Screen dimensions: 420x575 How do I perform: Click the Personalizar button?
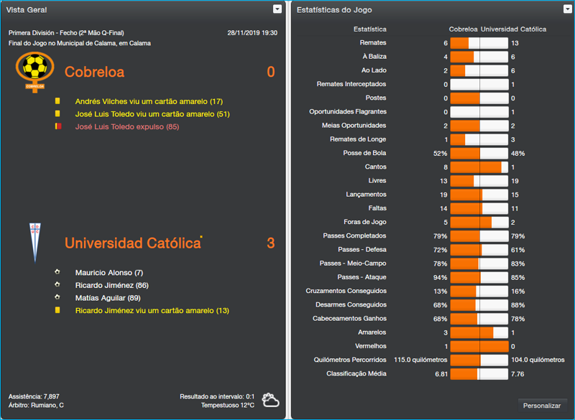pyautogui.click(x=542, y=406)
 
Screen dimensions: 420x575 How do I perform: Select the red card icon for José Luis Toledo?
pyautogui.click(x=57, y=126)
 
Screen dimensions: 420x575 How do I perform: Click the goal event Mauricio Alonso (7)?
pyautogui.click(x=109, y=273)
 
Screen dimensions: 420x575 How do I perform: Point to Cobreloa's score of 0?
pyautogui.click(x=270, y=72)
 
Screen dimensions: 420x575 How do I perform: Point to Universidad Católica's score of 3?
pyautogui.click(x=270, y=243)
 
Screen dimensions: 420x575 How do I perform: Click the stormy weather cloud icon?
pyautogui.click(x=270, y=400)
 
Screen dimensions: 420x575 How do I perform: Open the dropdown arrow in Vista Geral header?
pyautogui.click(x=277, y=9)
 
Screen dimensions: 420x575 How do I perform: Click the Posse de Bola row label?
pyautogui.click(x=365, y=153)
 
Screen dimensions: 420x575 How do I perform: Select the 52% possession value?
pyautogui.click(x=440, y=153)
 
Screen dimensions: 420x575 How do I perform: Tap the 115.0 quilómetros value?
pyautogui.click(x=420, y=360)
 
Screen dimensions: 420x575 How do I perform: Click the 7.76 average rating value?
pyautogui.click(x=517, y=373)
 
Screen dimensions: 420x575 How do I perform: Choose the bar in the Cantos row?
pyautogui.click(x=479, y=167)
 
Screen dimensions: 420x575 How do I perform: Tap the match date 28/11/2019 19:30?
pyautogui.click(x=252, y=33)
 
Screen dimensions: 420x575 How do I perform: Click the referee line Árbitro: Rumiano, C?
pyautogui.click(x=36, y=406)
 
